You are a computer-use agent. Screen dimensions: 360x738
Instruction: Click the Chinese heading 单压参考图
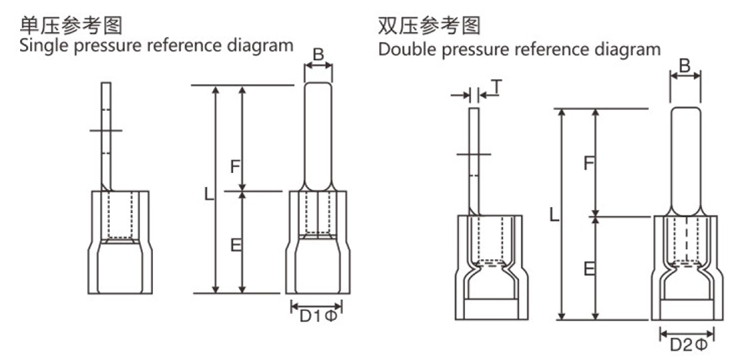click(72, 24)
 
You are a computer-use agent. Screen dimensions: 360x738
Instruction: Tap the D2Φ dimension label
click(686, 344)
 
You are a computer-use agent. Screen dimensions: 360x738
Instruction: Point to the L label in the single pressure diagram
click(208, 195)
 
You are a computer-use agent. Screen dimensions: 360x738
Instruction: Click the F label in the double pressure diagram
click(588, 163)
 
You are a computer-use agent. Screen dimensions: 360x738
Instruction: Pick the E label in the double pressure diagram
click(588, 268)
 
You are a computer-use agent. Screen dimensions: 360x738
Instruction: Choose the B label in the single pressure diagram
click(319, 55)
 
